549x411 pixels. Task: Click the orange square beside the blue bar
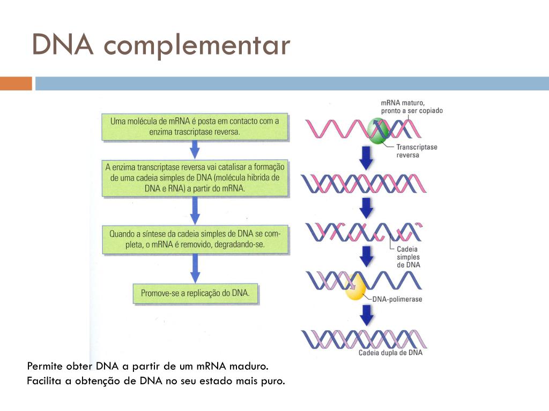click(x=16, y=83)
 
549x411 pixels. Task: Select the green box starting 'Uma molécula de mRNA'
click(x=195, y=126)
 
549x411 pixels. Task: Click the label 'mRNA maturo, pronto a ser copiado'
click(x=411, y=106)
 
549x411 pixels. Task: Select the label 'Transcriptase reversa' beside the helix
click(x=417, y=150)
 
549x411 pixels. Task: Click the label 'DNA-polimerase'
click(x=397, y=300)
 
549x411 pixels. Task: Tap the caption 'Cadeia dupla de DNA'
click(x=390, y=353)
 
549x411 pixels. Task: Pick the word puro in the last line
click(x=272, y=382)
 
